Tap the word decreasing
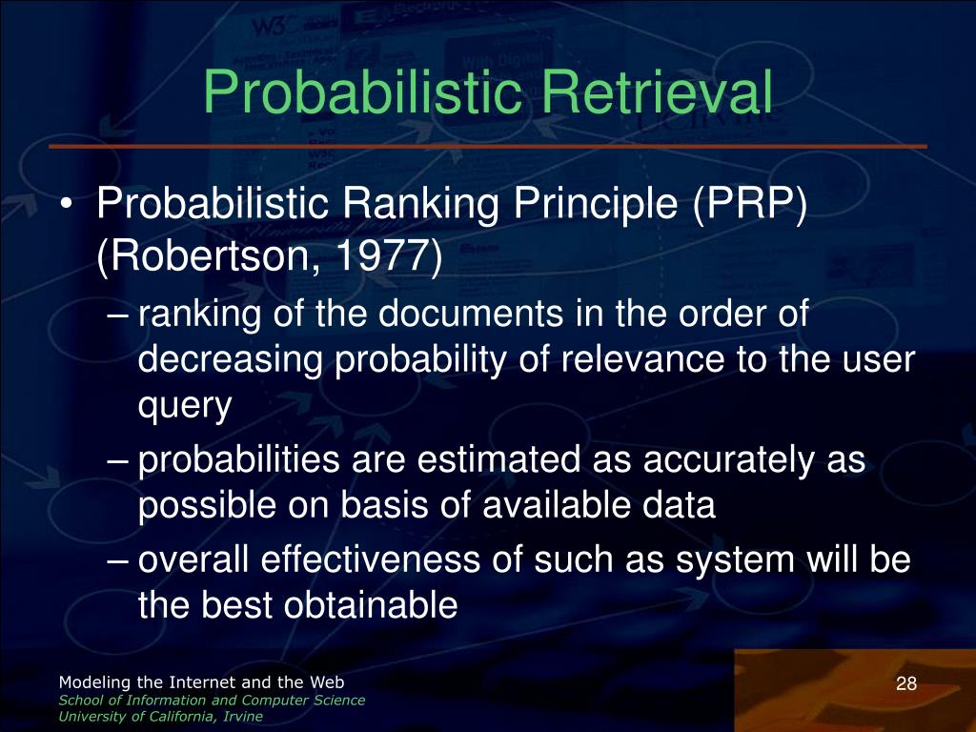click(x=231, y=360)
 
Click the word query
click(x=185, y=407)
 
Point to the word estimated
click(x=498, y=459)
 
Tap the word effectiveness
click(x=371, y=559)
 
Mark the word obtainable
click(x=371, y=603)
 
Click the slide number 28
click(x=906, y=683)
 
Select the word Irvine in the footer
click(x=243, y=717)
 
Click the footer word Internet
click(x=200, y=682)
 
